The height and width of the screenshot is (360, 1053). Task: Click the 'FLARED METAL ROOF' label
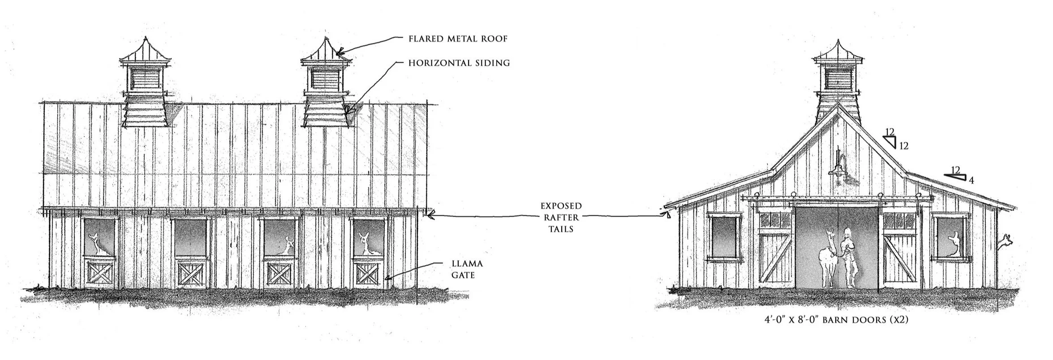click(458, 39)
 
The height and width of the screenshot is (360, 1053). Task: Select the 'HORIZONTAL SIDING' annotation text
click(459, 63)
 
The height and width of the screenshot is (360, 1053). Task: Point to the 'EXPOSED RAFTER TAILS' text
click(561, 218)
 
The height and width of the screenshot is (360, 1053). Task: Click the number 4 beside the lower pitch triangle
click(971, 181)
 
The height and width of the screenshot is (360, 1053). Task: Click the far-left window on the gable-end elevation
click(723, 237)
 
